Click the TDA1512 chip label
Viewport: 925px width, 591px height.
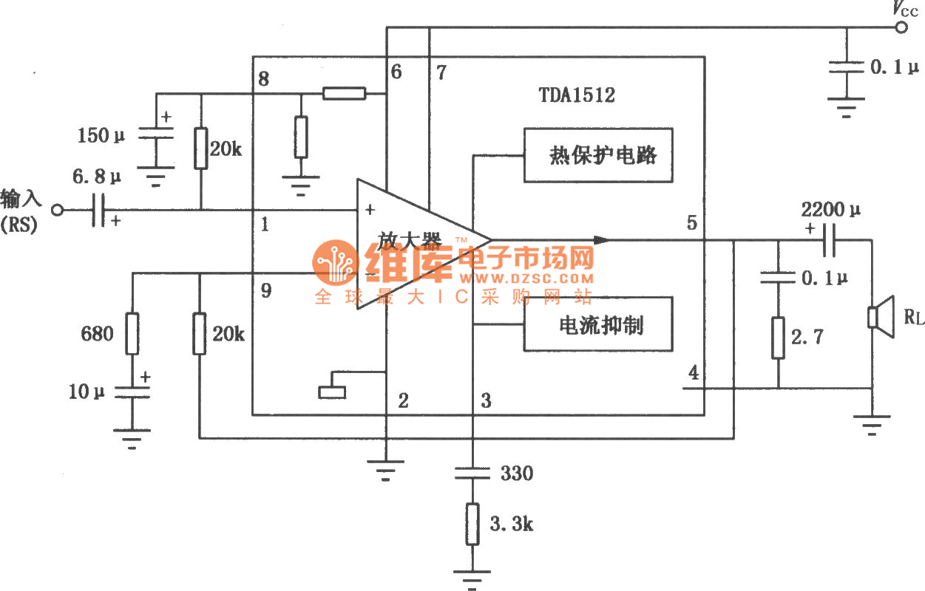577,95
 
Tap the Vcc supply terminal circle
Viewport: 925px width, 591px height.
901,28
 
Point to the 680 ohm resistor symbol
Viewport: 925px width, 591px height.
132,333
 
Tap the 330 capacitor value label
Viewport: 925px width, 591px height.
516,473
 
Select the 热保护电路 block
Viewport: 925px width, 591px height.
598,155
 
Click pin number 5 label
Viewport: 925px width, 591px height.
692,222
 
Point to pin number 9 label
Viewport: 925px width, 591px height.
265,291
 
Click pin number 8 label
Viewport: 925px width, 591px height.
264,79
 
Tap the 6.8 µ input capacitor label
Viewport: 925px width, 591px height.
96,177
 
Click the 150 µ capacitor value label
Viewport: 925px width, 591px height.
102,136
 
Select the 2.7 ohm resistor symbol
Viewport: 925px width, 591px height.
778,338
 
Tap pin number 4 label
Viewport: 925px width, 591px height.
693,373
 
